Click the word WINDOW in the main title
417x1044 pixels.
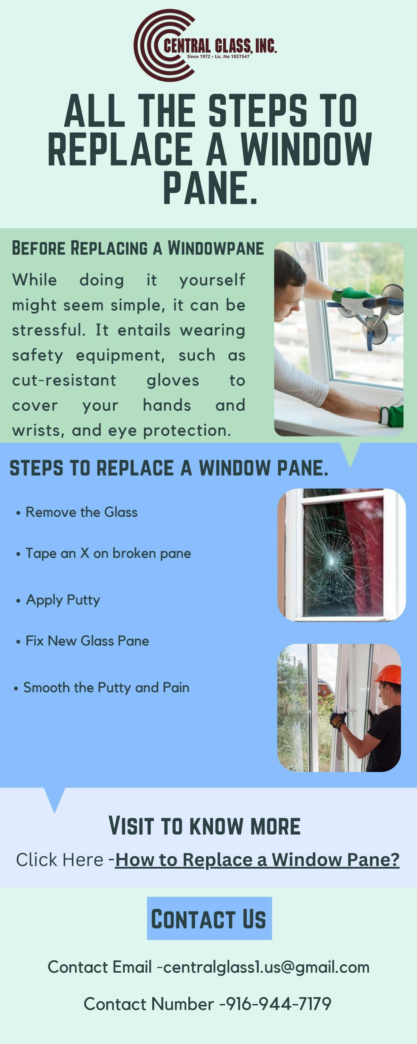pyautogui.click(x=306, y=149)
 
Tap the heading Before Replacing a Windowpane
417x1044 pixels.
pyautogui.click(x=138, y=248)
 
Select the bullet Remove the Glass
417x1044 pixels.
pyautogui.click(x=81, y=512)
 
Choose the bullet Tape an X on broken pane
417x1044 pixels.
pyautogui.click(x=108, y=553)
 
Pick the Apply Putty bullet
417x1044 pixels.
pyautogui.click(x=63, y=600)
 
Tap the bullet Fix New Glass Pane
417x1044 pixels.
pyautogui.click(x=87, y=641)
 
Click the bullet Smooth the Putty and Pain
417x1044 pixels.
pyautogui.click(x=106, y=687)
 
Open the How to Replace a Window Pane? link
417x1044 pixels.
pyautogui.click(x=257, y=860)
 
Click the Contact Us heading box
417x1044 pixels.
pyautogui.click(x=209, y=918)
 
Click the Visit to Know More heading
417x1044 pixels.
pyautogui.click(x=204, y=826)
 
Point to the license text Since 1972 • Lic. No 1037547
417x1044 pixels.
pyautogui.click(x=218, y=57)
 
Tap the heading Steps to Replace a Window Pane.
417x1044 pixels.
pyautogui.click(x=169, y=468)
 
